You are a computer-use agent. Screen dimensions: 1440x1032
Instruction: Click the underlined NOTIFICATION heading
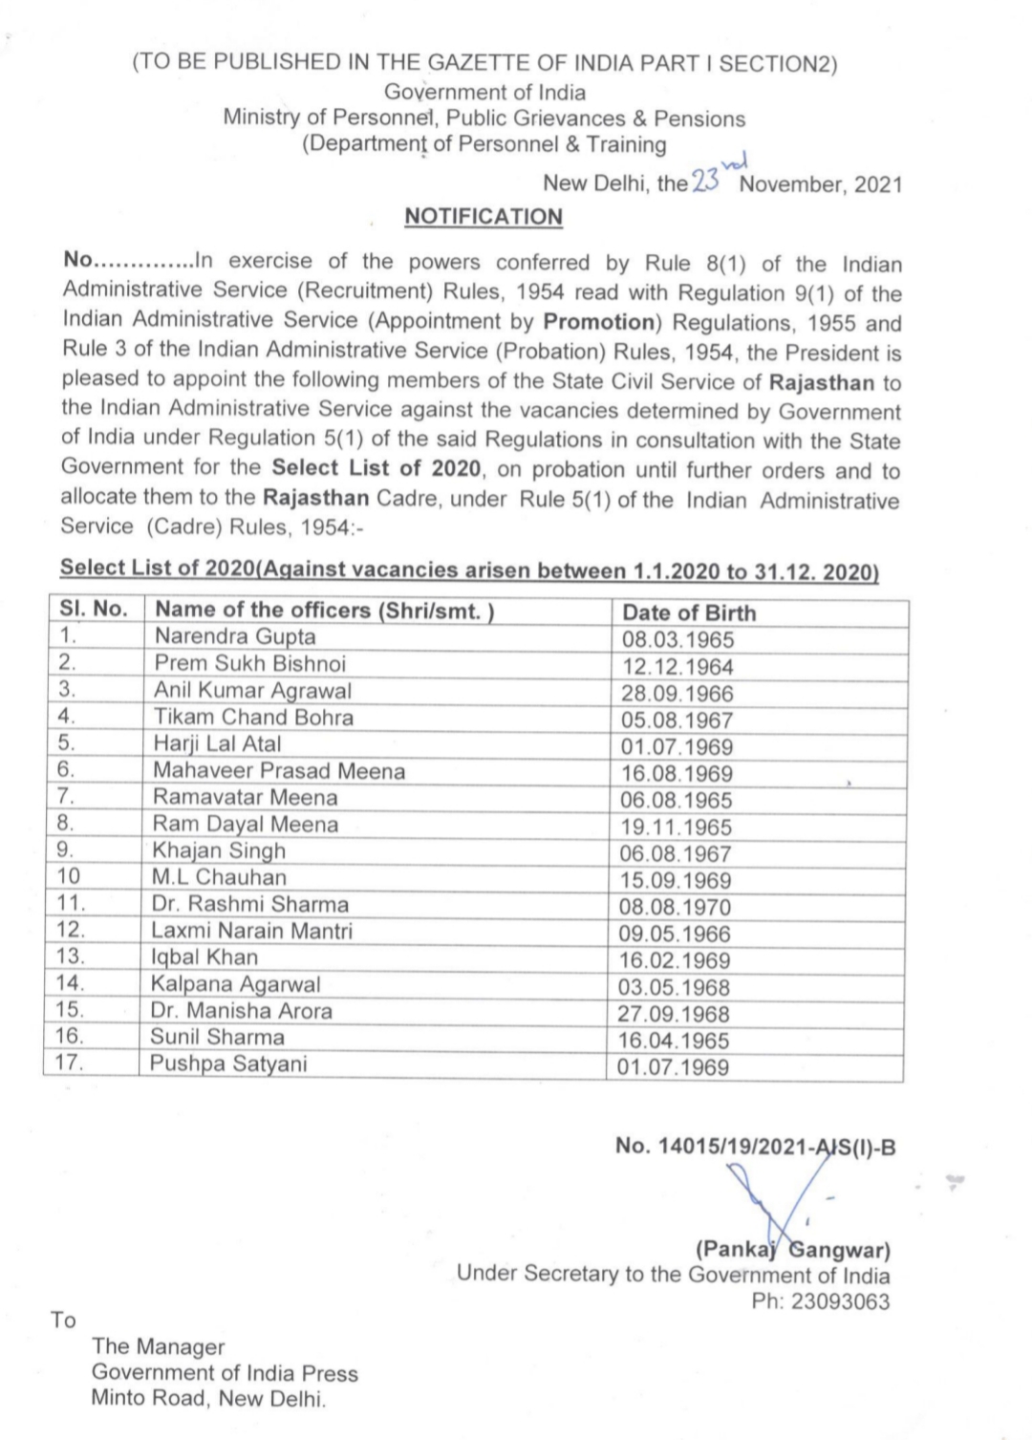pyautogui.click(x=484, y=217)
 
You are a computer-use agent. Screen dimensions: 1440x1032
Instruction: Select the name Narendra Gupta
pyautogui.click(x=235, y=636)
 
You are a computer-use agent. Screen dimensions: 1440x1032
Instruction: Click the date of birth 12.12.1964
pyautogui.click(x=677, y=667)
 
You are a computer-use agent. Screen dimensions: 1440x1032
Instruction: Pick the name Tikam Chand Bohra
pyautogui.click(x=253, y=717)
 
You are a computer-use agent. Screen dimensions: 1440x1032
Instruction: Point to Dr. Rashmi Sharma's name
pyautogui.click(x=249, y=904)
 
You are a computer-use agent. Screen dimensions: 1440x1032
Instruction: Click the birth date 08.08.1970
pyautogui.click(x=676, y=907)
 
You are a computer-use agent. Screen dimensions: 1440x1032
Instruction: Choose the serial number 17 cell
pyautogui.click(x=70, y=1063)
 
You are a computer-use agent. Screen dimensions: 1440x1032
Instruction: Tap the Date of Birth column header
pyautogui.click(x=689, y=613)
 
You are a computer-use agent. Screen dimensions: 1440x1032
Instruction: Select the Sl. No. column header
pyautogui.click(x=94, y=610)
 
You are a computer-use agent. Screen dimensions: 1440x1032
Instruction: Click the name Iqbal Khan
pyautogui.click(x=204, y=957)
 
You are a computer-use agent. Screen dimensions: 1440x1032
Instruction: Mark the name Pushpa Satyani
pyautogui.click(x=228, y=1064)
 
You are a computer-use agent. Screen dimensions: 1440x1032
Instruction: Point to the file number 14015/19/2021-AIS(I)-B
pyautogui.click(x=756, y=1147)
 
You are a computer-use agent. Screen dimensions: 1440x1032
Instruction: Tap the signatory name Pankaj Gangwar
pyautogui.click(x=792, y=1249)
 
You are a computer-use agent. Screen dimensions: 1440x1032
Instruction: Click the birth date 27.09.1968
pyautogui.click(x=673, y=1014)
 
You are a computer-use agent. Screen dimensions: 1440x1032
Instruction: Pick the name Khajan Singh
pyautogui.click(x=219, y=850)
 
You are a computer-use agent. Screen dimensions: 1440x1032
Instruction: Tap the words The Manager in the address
pyautogui.click(x=158, y=1346)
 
